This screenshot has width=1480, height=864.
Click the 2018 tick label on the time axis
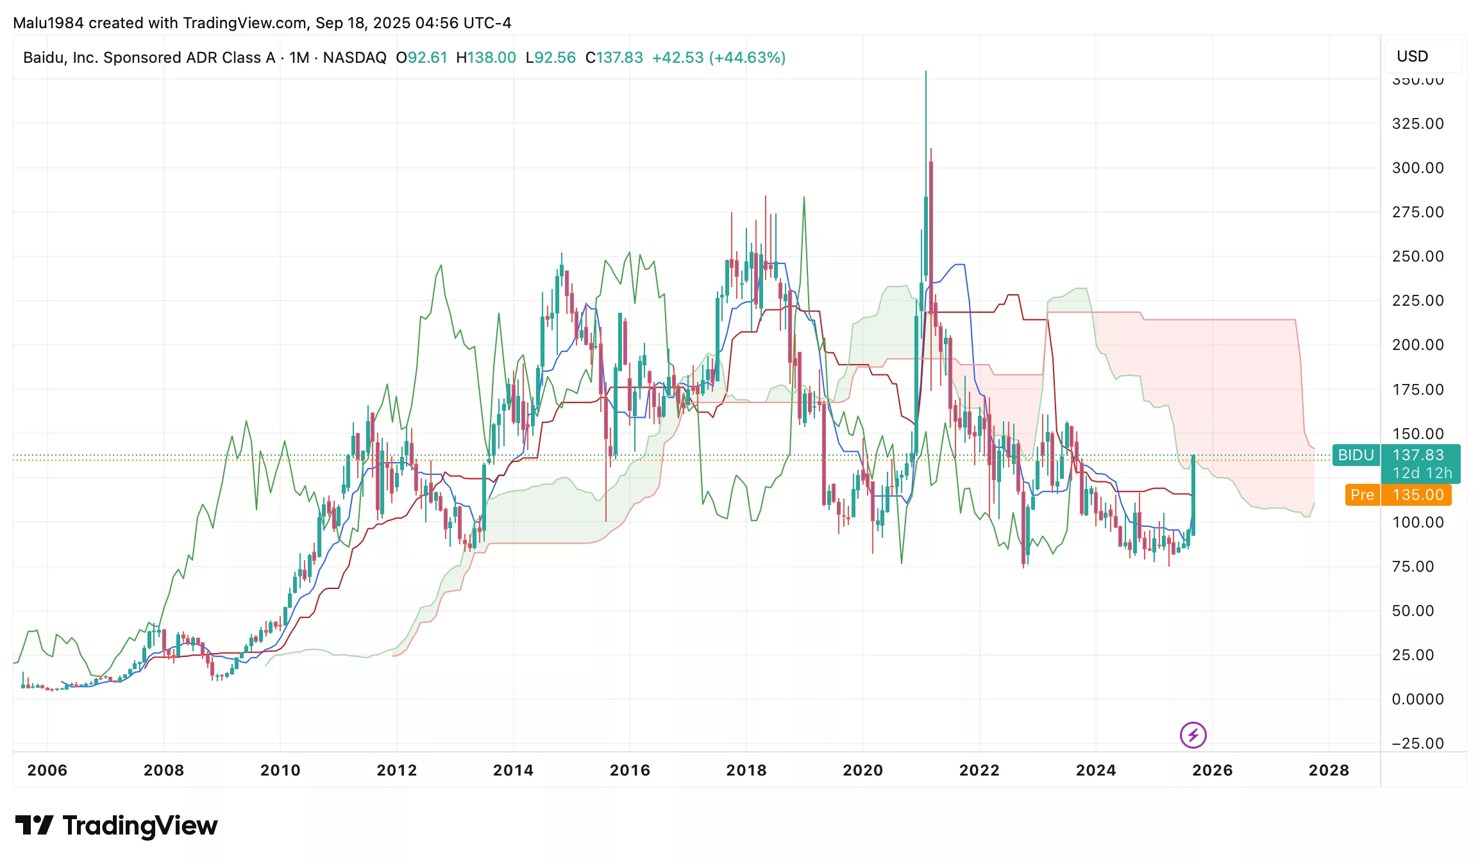(746, 770)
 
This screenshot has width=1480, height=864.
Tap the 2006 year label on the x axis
(47, 770)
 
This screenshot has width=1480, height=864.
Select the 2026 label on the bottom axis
(1212, 770)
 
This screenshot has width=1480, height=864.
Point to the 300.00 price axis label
(1418, 168)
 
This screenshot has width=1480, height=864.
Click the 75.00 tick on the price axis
(1413, 567)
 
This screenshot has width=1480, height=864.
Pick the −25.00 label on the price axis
(1417, 744)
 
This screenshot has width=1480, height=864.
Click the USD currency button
(1412, 56)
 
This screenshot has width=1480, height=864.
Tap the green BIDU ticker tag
(1356, 455)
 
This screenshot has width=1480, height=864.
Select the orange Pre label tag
(1362, 495)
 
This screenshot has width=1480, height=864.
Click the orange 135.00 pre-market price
(1418, 495)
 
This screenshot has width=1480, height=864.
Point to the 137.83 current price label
(1418, 455)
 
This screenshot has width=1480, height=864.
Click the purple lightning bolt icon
(1193, 735)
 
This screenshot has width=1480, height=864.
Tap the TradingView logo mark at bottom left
(34, 825)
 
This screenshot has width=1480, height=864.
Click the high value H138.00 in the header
(485, 58)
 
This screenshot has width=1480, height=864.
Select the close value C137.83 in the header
(614, 58)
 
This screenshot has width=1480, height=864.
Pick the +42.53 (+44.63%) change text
(718, 58)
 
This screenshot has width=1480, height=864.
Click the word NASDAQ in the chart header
(355, 58)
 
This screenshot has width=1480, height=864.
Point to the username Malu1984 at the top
(48, 23)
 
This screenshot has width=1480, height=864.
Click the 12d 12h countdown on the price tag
(1422, 473)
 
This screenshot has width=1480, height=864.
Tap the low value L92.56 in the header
(550, 58)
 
